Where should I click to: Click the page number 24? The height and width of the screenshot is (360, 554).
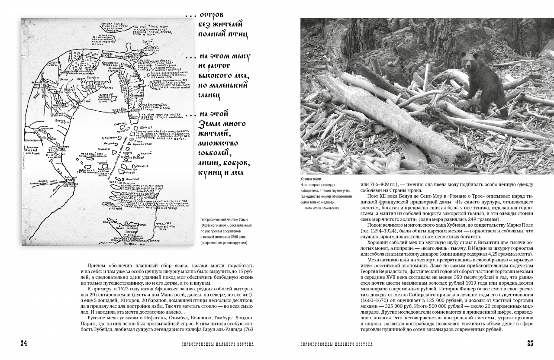[x=24, y=344]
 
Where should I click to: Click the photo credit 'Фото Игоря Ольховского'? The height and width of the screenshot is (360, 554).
[x=322, y=208]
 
